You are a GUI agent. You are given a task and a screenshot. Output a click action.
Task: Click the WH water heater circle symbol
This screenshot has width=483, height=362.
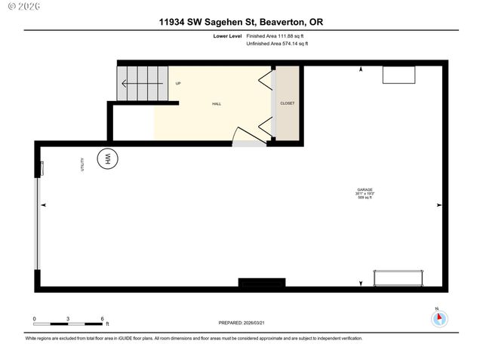(x=107, y=158)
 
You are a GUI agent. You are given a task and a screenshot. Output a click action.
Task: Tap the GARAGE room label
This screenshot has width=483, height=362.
(x=365, y=189)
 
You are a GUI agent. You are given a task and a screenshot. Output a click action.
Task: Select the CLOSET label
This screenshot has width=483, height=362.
(x=288, y=103)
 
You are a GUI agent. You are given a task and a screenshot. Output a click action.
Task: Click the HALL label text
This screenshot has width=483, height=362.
(x=217, y=105)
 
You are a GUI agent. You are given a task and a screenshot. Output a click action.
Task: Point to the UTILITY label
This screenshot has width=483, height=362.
(x=82, y=164)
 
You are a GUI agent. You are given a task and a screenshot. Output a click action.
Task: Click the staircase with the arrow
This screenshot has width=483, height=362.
(x=141, y=83)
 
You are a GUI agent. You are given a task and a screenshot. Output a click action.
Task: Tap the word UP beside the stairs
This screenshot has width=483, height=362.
(x=178, y=83)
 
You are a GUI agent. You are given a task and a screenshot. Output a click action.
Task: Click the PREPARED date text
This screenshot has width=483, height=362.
(x=241, y=322)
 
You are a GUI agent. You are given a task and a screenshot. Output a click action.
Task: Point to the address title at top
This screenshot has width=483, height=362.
(x=241, y=23)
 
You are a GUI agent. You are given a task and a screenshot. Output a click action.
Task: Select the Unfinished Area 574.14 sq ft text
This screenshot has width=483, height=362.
(x=278, y=44)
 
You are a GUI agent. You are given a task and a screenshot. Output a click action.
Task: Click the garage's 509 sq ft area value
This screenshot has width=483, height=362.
(x=365, y=198)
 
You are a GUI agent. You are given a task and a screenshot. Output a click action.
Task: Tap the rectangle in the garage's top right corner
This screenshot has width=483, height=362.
(x=398, y=75)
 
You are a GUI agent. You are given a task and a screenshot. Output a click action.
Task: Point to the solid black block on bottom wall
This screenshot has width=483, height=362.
(x=262, y=283)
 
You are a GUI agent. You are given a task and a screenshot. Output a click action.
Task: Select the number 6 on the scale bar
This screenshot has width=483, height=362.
(x=102, y=319)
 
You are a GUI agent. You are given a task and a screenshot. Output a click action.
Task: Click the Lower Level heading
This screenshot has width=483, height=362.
(x=228, y=35)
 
